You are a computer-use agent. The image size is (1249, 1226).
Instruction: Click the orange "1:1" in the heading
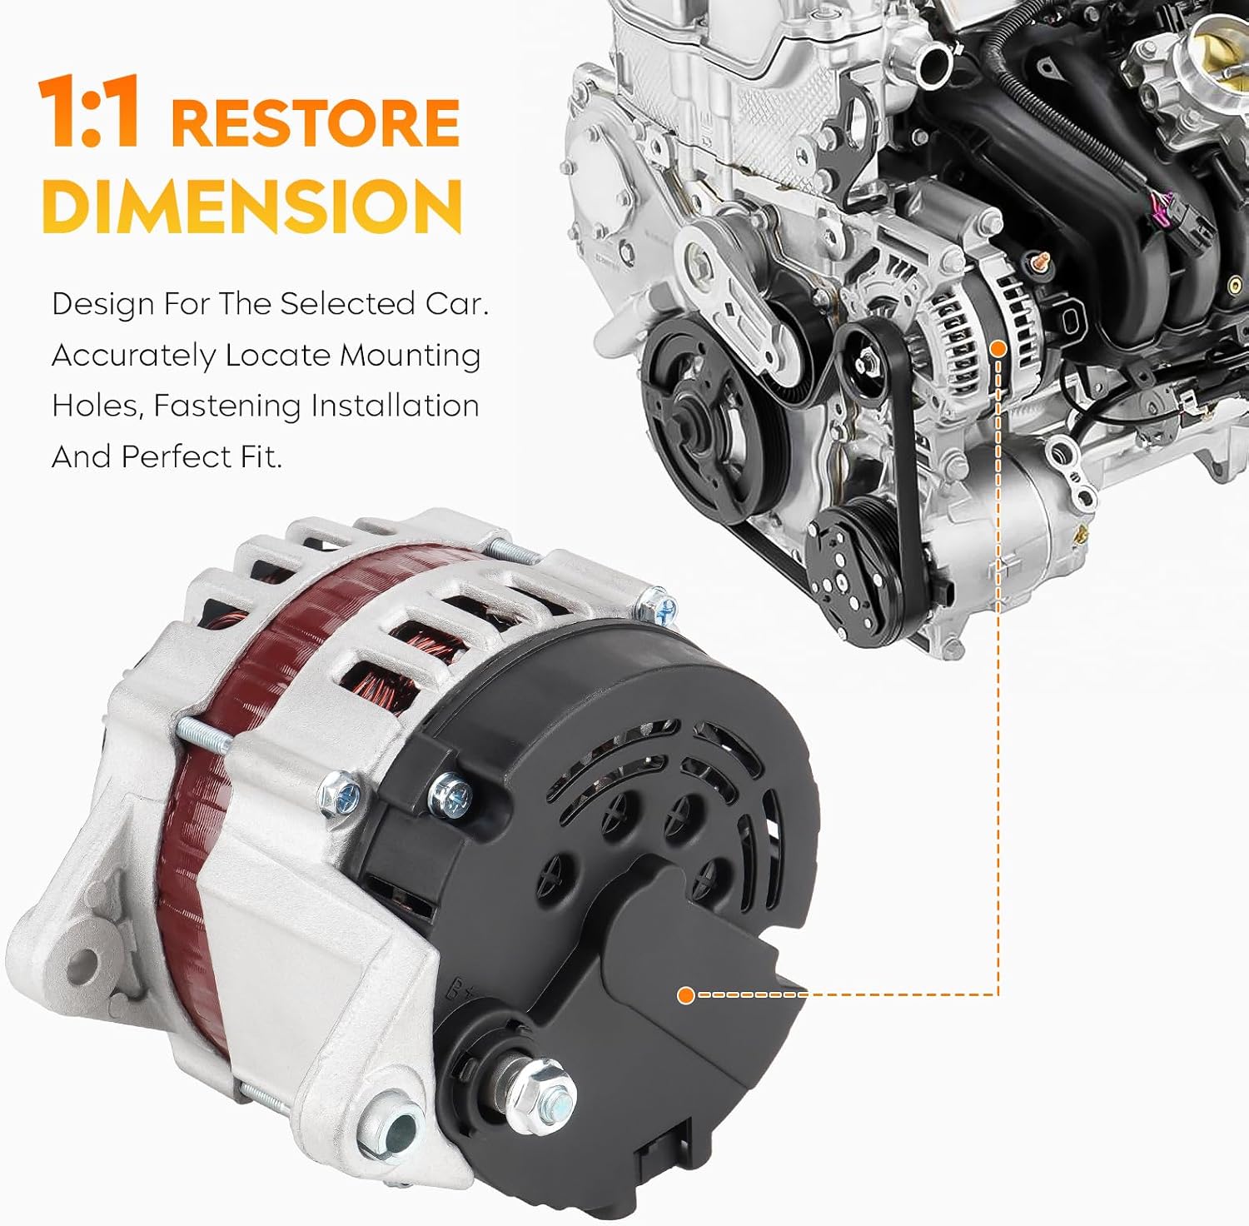coord(88,112)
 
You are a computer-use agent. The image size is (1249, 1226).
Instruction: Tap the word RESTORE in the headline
coord(316,122)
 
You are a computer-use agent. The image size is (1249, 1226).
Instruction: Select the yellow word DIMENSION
coord(251,206)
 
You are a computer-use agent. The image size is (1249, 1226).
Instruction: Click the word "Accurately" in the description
coord(133,356)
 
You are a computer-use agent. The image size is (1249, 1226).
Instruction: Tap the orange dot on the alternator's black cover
coord(686,994)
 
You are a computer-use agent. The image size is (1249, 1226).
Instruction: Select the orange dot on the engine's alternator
coord(998,346)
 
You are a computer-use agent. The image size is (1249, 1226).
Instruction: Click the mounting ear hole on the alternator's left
coord(82,965)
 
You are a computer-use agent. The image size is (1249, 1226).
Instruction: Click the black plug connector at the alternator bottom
coord(664,1159)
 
